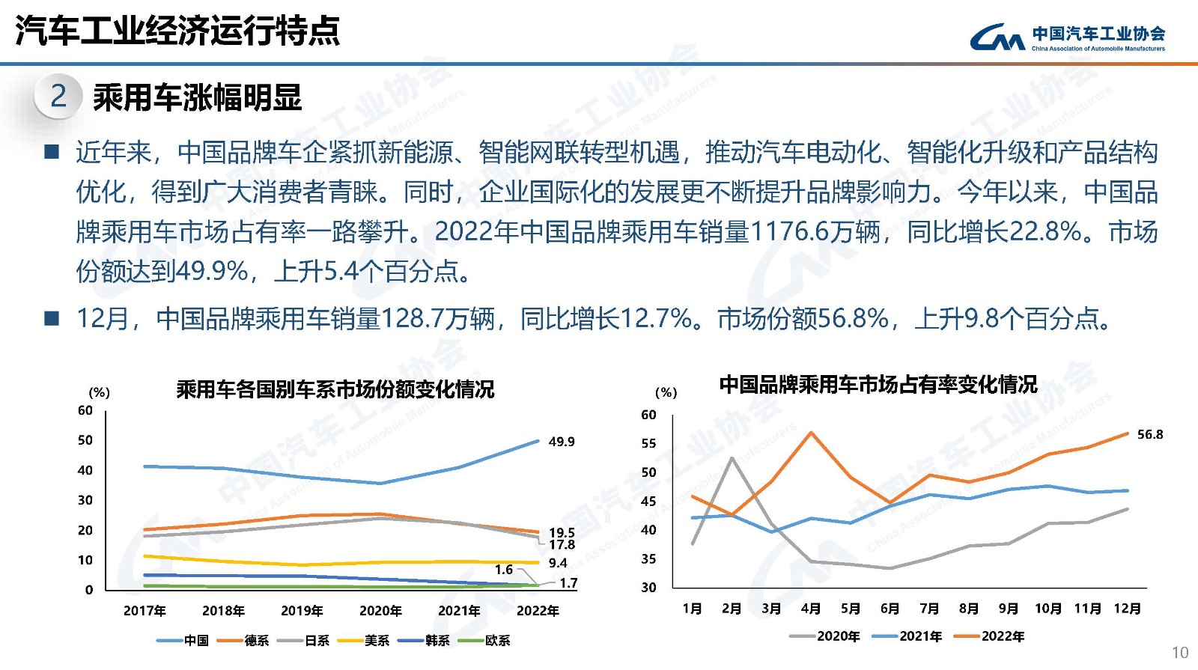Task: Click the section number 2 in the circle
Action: [58, 96]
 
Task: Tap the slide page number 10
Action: [1179, 652]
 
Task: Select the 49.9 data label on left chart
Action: [562, 442]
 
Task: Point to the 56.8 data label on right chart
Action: [1150, 434]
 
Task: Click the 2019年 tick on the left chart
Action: [302, 611]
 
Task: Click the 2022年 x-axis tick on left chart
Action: [538, 611]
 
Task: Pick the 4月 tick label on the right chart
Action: [810, 609]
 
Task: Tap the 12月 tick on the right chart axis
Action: [1127, 609]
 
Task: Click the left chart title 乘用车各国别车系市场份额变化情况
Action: [335, 389]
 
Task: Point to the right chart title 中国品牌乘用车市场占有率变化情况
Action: [878, 385]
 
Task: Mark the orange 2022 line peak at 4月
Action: [811, 433]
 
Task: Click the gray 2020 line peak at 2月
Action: [732, 458]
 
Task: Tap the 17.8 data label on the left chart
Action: [562, 545]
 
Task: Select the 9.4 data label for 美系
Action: [558, 563]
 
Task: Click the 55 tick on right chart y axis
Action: [648, 443]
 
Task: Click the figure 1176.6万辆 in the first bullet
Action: [814, 231]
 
